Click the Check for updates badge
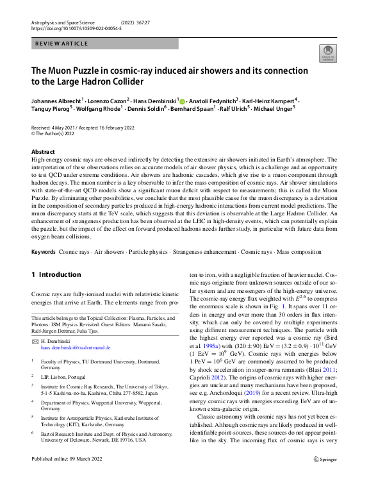(x=327, y=55)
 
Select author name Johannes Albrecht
(x=56, y=101)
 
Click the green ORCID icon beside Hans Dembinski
(x=182, y=101)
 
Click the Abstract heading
(x=44, y=152)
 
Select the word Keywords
(x=43, y=252)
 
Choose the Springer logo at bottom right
(x=325, y=478)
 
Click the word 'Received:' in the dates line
(x=42, y=128)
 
